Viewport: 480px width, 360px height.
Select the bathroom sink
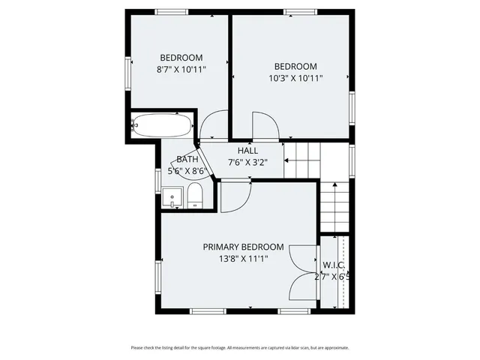[x=172, y=199]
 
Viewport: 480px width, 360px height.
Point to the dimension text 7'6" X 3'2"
[x=248, y=161]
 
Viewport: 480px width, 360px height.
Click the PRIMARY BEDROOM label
[x=244, y=247]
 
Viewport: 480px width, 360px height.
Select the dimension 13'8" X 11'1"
[x=244, y=258]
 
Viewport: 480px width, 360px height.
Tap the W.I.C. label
[x=334, y=265]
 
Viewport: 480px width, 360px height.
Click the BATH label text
[x=187, y=159]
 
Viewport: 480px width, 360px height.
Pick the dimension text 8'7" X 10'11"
[x=181, y=69]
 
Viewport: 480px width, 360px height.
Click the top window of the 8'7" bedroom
[x=171, y=11]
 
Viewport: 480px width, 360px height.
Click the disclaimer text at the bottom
[x=240, y=347]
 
